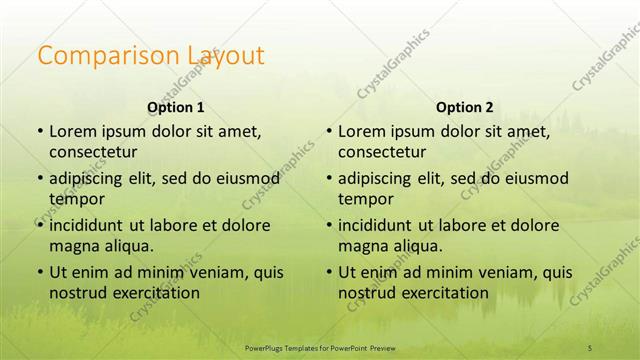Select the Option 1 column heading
[x=176, y=107]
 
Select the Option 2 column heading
[x=465, y=107]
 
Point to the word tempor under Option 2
[x=366, y=199]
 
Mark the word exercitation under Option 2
[x=441, y=293]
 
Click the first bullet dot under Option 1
[x=39, y=132]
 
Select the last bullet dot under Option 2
[x=328, y=272]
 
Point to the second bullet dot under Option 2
[x=328, y=179]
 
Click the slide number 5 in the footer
[x=590, y=347]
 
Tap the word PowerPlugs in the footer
[x=267, y=347]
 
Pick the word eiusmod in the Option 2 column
[x=535, y=179]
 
